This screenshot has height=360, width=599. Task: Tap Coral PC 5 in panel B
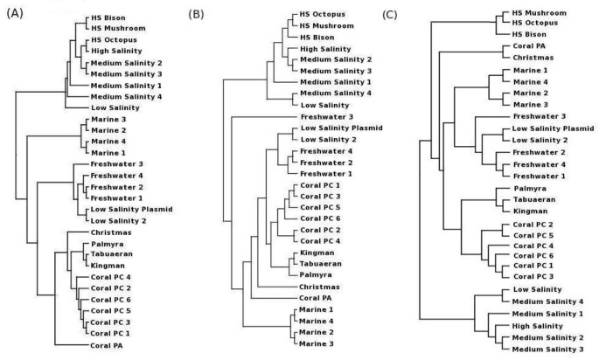[319, 208]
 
